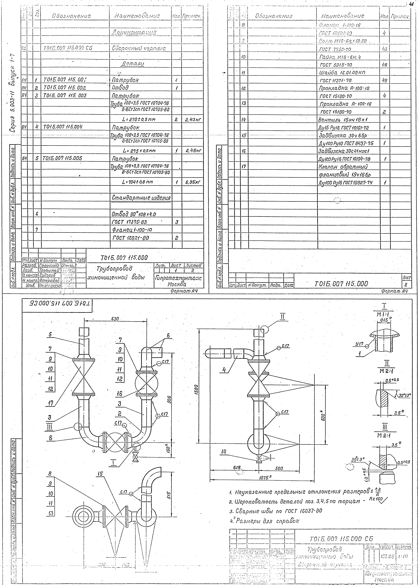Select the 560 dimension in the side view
279,469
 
